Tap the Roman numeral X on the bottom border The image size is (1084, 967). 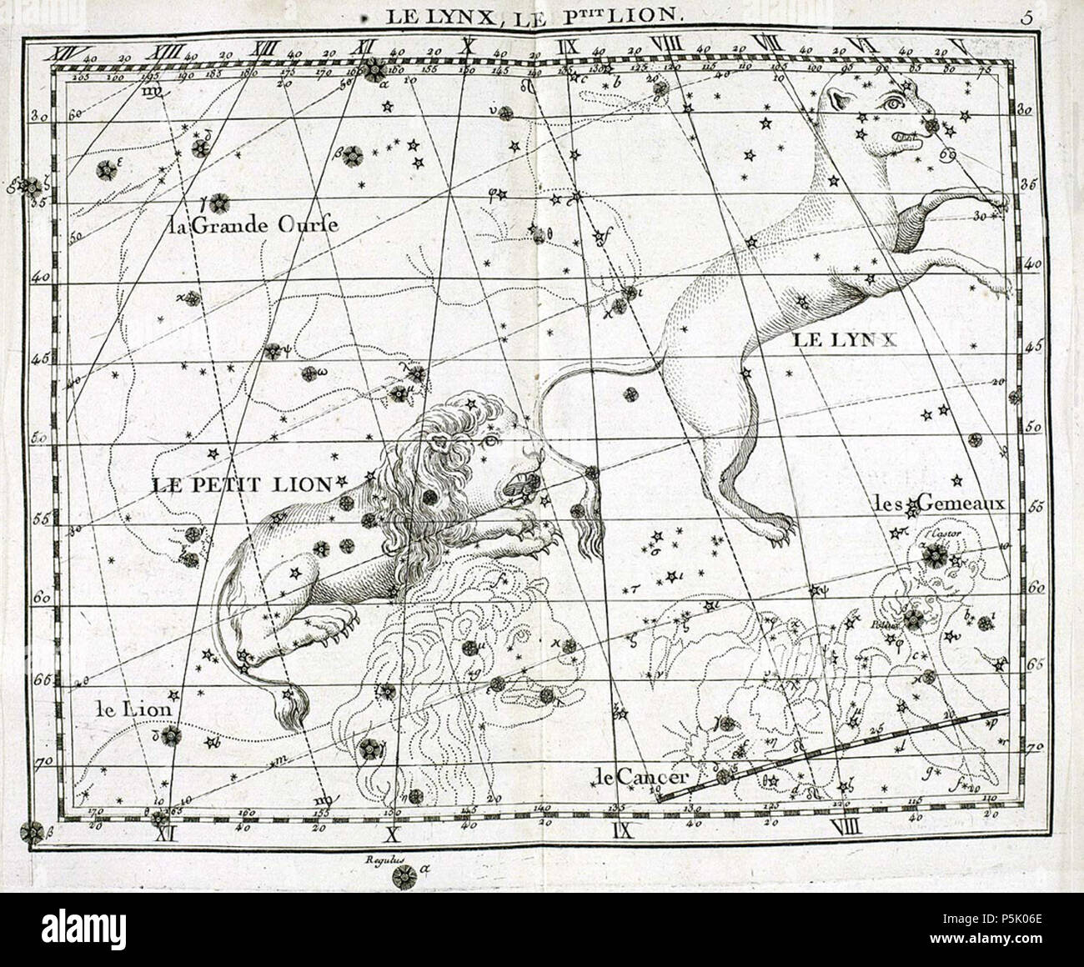tap(392, 831)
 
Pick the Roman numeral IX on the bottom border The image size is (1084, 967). tap(624, 829)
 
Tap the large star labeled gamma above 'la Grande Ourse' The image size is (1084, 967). tap(219, 202)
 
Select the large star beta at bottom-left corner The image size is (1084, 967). tap(33, 831)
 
